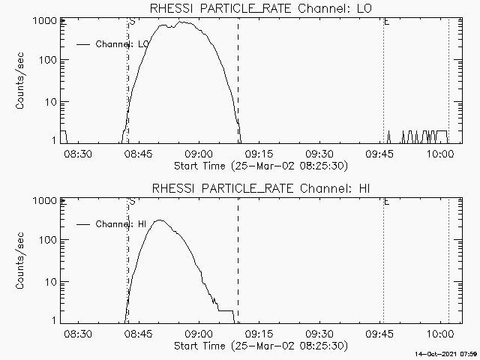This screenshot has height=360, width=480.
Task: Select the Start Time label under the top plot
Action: pyautogui.click(x=259, y=164)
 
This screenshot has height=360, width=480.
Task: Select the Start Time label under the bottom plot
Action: pyautogui.click(x=259, y=345)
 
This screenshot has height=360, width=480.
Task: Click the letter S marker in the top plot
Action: pyautogui.click(x=132, y=22)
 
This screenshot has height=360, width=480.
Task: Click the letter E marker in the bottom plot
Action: pyautogui.click(x=386, y=202)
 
